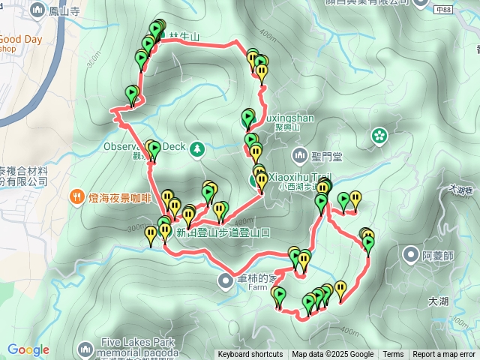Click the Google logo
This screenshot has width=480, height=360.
coord(28,349)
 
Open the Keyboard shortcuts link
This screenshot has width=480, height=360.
coord(250,355)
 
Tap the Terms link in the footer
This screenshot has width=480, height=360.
coord(393,355)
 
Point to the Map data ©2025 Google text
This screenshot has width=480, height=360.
coord(333,355)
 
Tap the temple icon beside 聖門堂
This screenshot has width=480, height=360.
coord(300,156)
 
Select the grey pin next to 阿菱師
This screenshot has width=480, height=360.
coord(411,254)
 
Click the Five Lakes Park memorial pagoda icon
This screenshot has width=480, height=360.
coord(85,348)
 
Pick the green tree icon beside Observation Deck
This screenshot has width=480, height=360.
coord(197,148)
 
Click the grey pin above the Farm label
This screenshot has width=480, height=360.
coord(226,280)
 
